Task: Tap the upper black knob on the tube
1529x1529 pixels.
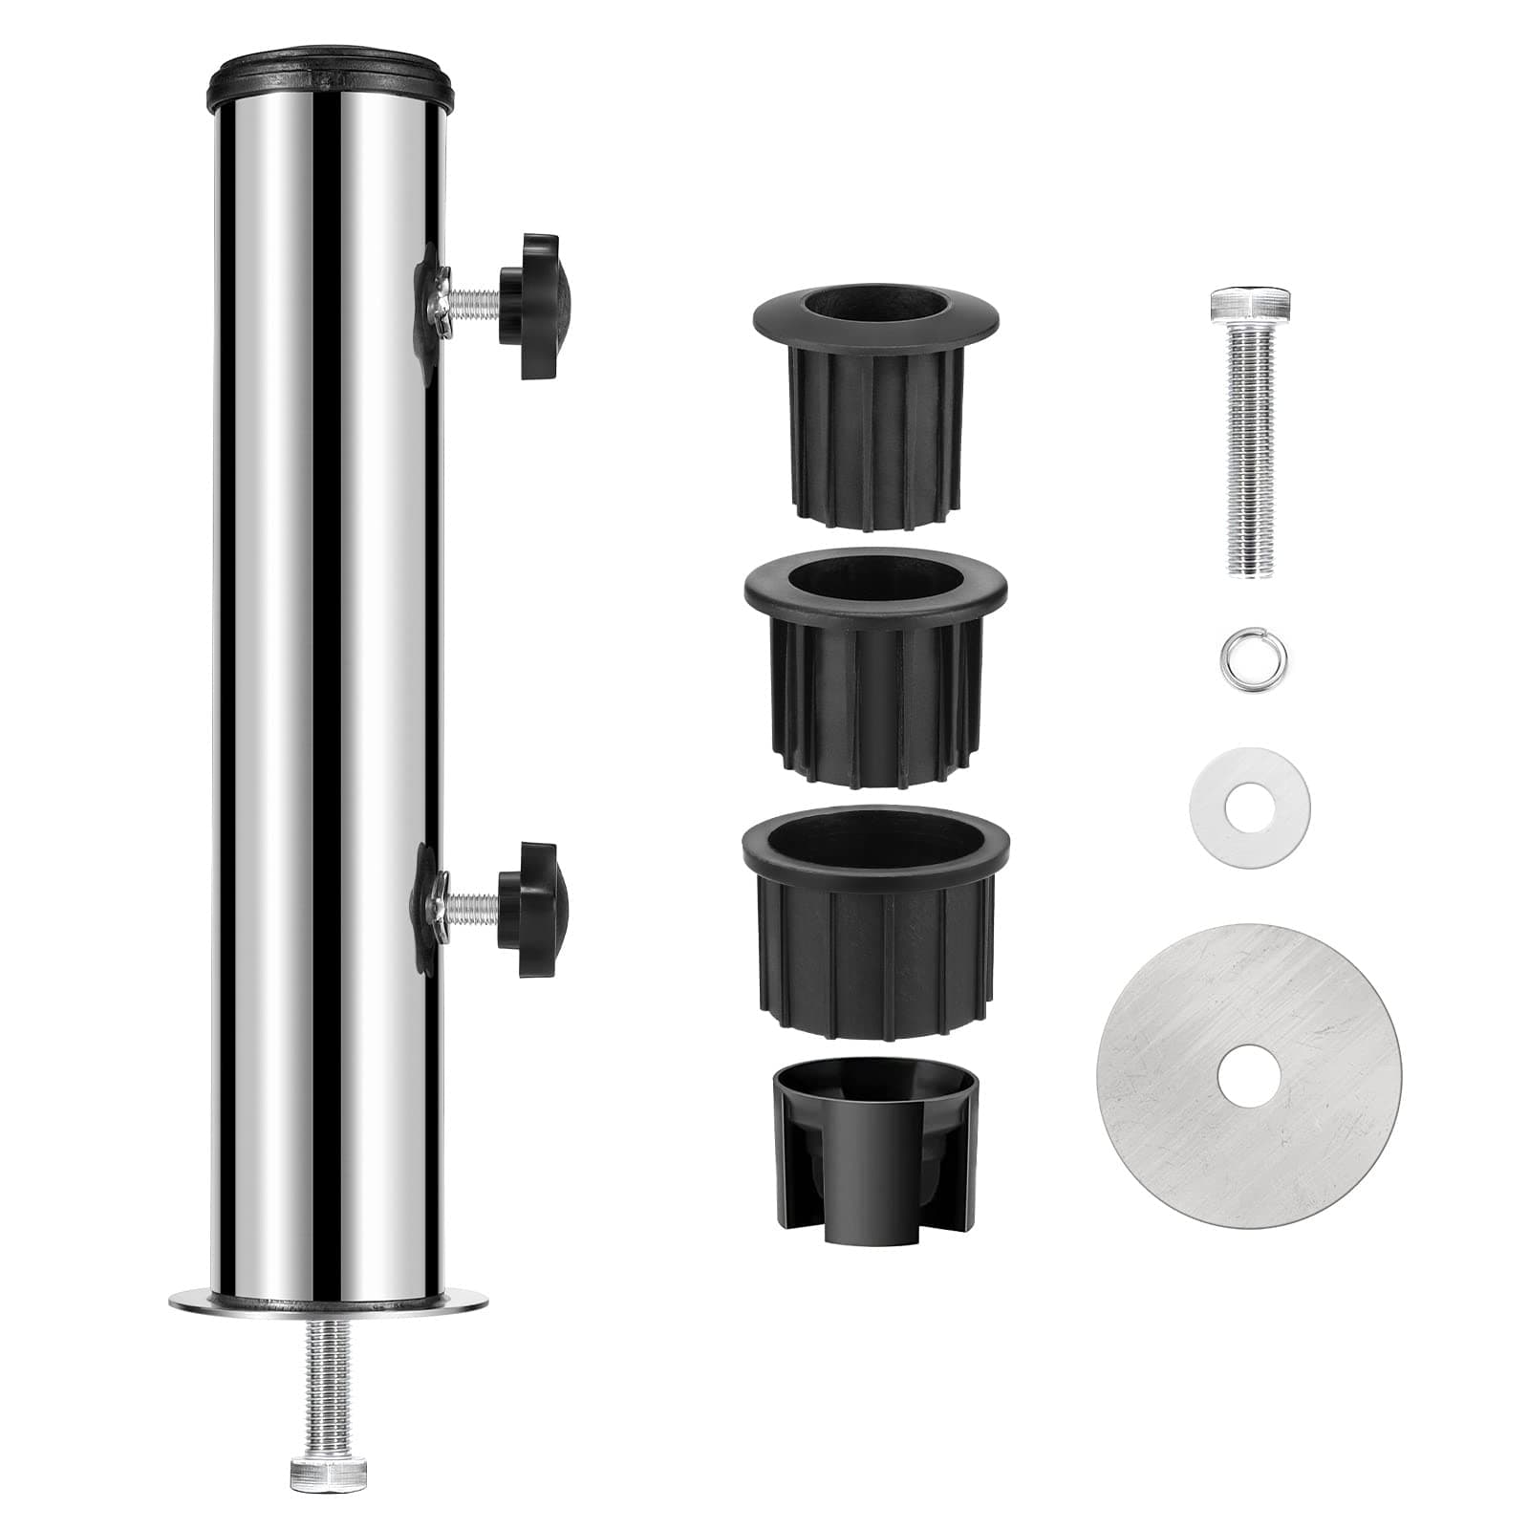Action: (535, 306)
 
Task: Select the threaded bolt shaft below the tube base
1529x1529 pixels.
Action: (329, 1376)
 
